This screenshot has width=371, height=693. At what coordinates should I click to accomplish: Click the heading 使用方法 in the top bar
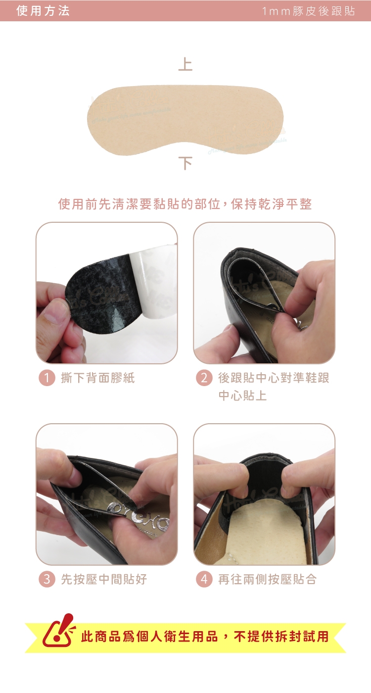coord(43,11)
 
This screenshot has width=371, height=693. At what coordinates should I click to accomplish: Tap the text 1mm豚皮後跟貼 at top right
coord(309,11)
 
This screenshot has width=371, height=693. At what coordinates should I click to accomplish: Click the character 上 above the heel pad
coord(185,64)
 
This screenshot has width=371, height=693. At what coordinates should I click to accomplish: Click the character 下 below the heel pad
coord(185,163)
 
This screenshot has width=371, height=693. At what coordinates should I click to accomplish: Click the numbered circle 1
coord(47,378)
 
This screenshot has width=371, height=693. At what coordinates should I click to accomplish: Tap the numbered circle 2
coord(204,378)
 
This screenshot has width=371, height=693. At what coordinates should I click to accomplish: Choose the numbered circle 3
coord(47,579)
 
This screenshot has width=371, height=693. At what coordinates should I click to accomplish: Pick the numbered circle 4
coord(204,579)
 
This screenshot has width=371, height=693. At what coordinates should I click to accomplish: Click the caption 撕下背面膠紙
coord(98,378)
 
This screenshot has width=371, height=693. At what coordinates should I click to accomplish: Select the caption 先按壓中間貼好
coord(104,579)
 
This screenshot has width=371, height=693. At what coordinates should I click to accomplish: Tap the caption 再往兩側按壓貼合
coord(268,579)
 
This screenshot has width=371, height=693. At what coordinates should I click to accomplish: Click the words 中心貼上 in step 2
coord(242,396)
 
